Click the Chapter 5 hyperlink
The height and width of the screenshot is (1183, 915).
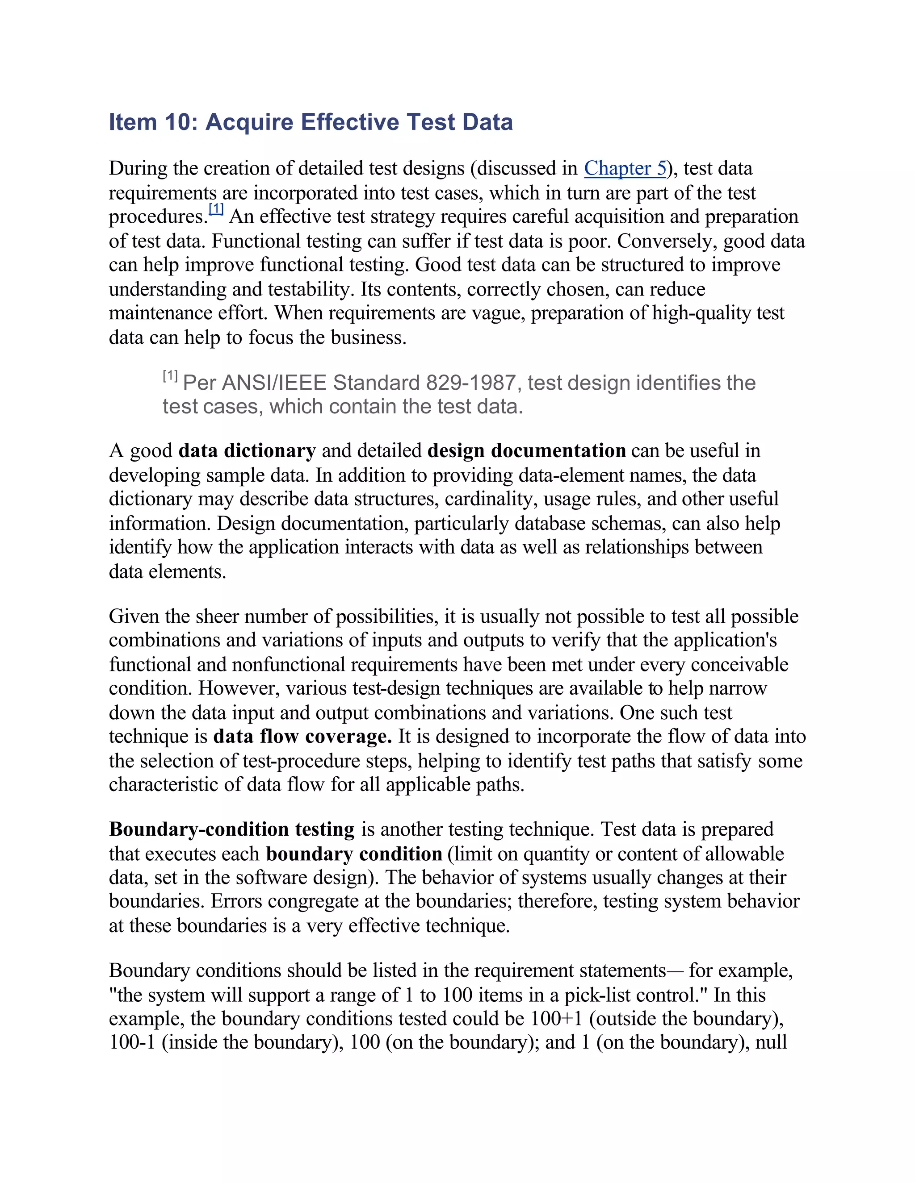point(625,168)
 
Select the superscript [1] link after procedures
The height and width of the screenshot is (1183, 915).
point(216,209)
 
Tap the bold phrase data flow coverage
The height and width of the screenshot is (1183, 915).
point(302,737)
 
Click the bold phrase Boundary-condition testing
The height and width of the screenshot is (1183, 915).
point(231,830)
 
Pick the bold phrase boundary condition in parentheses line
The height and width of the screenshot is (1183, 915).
point(354,854)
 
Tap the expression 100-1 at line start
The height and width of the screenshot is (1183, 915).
point(132,1043)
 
